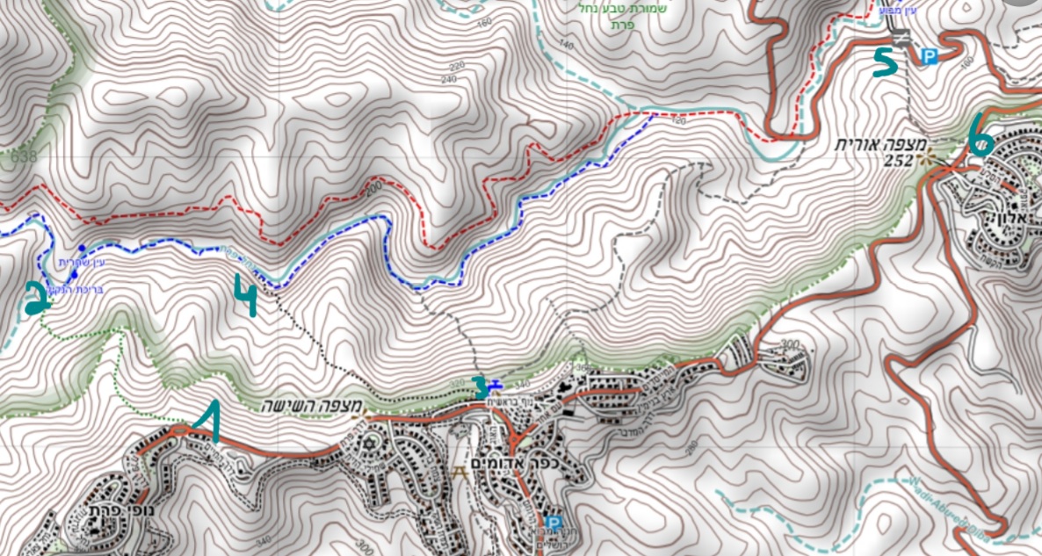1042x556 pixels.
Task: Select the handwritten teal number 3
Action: [x=479, y=384]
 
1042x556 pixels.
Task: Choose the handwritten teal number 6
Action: [x=980, y=135]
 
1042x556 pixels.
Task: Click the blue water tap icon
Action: [x=494, y=384]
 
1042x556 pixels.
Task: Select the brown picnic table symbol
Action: [x=457, y=471]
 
